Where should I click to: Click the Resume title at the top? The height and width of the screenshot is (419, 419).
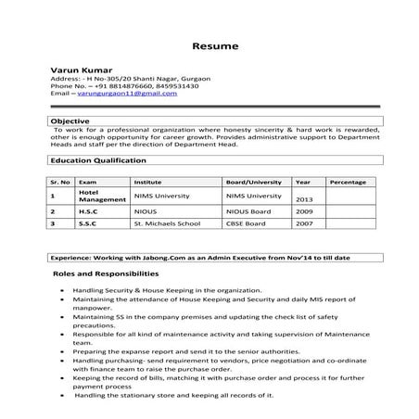click(215, 45)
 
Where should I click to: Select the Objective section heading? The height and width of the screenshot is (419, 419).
click(70, 121)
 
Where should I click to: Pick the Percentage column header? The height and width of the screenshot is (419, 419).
click(348, 183)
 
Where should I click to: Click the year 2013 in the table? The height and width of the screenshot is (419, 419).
click(306, 199)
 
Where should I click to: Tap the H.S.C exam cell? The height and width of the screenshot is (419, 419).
click(90, 211)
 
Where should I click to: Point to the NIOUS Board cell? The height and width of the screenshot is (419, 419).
click(248, 211)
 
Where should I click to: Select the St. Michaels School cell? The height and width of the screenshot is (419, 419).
click(165, 223)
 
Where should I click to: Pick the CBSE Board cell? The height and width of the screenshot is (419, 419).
click(246, 223)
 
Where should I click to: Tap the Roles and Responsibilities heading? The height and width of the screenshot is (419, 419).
click(106, 274)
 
